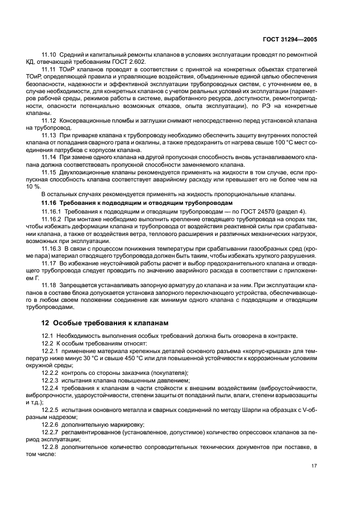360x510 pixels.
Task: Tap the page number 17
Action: (x=314, y=465)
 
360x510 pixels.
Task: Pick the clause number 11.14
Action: (x=50, y=156)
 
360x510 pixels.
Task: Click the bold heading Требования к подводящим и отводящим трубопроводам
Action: (x=145, y=202)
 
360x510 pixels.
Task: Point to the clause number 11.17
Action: (x=50, y=263)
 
